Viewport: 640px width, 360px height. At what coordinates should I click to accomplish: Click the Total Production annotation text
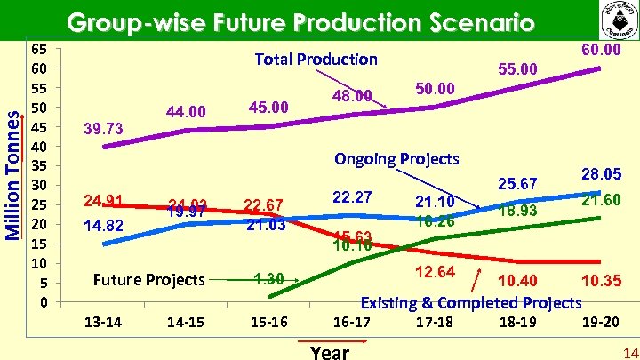click(316, 60)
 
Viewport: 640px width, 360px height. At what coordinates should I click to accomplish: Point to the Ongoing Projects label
click(396, 159)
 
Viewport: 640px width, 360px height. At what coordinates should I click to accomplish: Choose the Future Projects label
click(148, 280)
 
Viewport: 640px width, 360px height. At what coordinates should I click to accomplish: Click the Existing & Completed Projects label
click(470, 302)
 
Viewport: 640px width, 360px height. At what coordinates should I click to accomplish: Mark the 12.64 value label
click(436, 271)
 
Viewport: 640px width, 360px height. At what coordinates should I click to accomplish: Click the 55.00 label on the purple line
click(517, 68)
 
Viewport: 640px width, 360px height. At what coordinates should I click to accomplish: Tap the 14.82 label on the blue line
click(103, 226)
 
